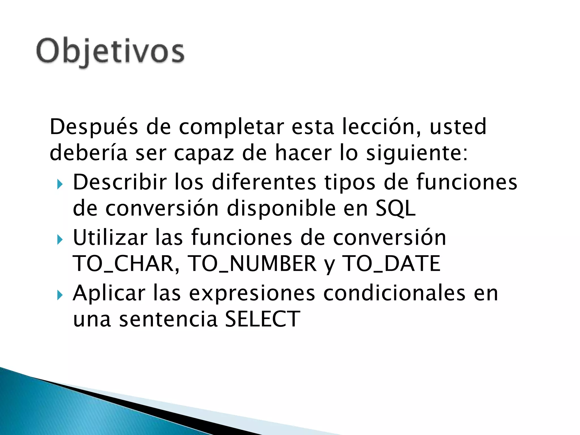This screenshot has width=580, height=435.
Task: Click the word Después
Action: point(94,127)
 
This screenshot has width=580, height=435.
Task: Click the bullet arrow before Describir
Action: point(60,185)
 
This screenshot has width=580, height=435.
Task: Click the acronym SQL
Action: point(396,208)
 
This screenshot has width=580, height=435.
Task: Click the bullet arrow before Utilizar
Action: point(60,240)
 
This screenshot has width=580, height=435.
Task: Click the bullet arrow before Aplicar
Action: point(60,296)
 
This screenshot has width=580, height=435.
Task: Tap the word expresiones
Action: point(252,293)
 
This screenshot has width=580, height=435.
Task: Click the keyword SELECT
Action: point(262,319)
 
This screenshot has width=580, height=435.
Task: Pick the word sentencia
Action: point(168,319)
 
